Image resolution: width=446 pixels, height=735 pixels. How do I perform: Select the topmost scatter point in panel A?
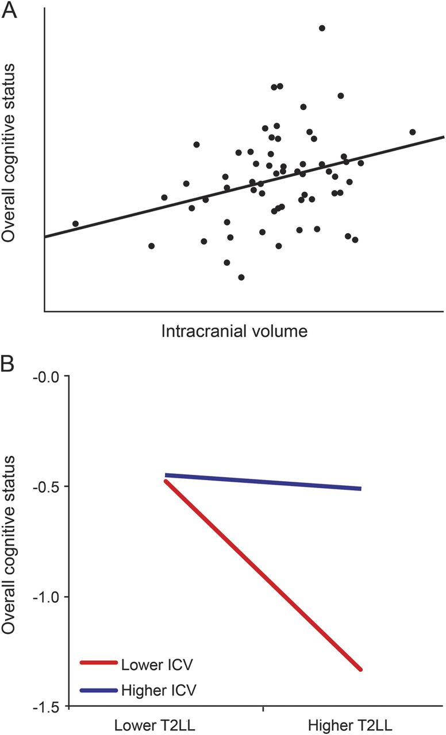pyautogui.click(x=322, y=28)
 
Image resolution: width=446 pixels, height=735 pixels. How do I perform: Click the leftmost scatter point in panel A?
pyautogui.click(x=75, y=223)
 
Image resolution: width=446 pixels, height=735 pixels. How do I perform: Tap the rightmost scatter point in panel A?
pyautogui.click(x=413, y=132)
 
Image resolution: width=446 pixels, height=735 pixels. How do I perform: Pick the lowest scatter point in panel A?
pyautogui.click(x=241, y=277)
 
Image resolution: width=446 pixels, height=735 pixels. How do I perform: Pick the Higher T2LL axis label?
pyautogui.click(x=361, y=723)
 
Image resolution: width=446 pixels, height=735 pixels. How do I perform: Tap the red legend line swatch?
pyautogui.click(x=99, y=664)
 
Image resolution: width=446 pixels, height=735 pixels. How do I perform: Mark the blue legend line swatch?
pyautogui.click(x=99, y=688)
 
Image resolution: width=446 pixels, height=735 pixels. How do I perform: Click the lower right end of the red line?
pyautogui.click(x=361, y=669)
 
